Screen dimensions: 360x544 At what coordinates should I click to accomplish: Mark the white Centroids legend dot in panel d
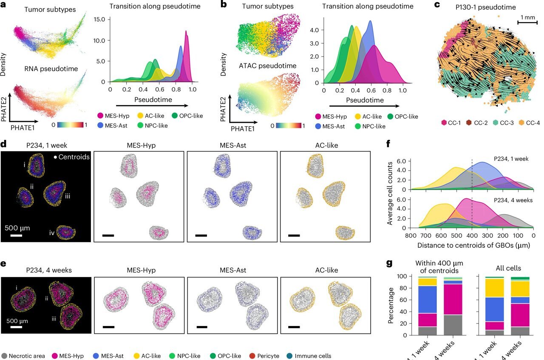click(x=56, y=157)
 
